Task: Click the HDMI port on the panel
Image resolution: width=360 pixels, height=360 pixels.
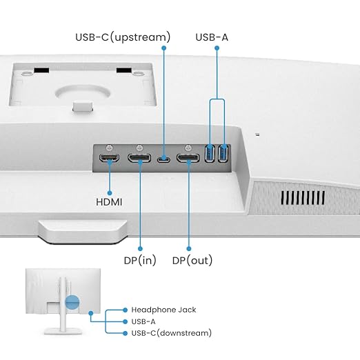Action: pos(109,158)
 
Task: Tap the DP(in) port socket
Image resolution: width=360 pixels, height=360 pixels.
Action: pos(139,158)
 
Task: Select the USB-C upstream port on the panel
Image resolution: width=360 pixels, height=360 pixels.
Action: pos(163,159)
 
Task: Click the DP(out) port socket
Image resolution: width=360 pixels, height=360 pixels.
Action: pos(188,158)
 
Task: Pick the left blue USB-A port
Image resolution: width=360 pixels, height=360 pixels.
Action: pos(210,153)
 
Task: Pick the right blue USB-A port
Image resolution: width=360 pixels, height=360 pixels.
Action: pos(223,153)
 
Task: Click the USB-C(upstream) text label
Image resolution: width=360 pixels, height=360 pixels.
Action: pos(123,37)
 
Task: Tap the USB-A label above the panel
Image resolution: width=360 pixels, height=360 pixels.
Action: pos(212,37)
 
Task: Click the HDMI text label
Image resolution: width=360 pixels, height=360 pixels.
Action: pos(109,202)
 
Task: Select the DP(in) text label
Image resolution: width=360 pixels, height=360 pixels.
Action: pos(140,261)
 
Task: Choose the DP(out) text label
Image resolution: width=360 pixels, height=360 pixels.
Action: pos(192,261)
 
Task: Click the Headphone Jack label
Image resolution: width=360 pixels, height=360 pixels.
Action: pos(163,310)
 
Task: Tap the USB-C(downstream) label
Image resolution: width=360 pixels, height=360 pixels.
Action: pos(172,333)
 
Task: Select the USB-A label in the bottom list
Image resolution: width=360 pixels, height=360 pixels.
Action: pos(143,321)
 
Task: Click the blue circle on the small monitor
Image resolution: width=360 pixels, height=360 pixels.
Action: pos(72,303)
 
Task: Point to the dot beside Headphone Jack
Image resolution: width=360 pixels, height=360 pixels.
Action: pos(125,310)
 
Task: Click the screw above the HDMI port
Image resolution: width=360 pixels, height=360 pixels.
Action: pos(109,148)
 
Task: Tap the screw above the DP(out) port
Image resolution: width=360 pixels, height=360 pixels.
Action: pos(188,148)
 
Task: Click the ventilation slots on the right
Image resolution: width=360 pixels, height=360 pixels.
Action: pos(303,198)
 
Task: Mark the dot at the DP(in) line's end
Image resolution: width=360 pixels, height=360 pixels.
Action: pos(140,248)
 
